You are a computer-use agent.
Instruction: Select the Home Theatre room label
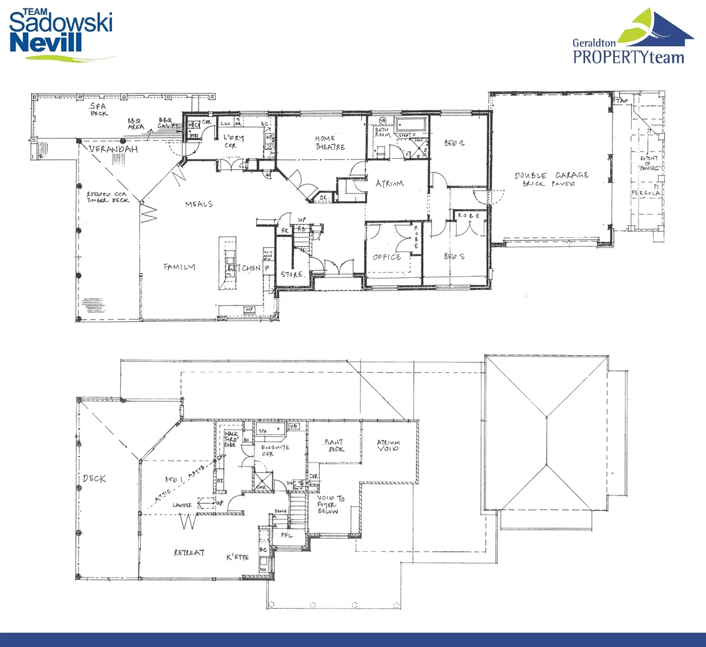(x=330, y=143)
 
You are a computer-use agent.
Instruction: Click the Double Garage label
(x=551, y=179)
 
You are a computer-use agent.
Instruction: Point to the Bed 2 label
(x=454, y=143)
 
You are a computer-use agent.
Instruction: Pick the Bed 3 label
(x=454, y=256)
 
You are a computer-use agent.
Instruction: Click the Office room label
(x=387, y=257)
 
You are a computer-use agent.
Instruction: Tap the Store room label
(x=292, y=274)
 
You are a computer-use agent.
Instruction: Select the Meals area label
(x=199, y=204)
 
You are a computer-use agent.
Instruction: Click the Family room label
(x=179, y=267)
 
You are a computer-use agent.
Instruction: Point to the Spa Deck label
(x=99, y=110)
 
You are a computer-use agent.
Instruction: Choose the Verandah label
(x=114, y=149)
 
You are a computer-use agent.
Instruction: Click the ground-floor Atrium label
(x=389, y=183)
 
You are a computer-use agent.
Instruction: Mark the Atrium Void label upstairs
(x=388, y=446)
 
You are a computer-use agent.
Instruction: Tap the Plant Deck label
(x=334, y=446)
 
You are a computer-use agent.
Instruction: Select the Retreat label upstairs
(x=189, y=552)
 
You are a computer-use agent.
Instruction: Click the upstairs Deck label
(x=95, y=478)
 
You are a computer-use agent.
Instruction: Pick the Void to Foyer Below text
(x=330, y=504)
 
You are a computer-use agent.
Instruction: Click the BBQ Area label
(x=136, y=124)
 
